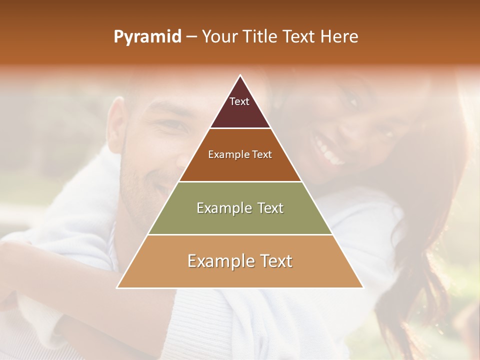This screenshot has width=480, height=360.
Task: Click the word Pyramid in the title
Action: pyautogui.click(x=147, y=37)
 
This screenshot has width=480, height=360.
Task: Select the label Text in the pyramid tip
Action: pyautogui.click(x=239, y=101)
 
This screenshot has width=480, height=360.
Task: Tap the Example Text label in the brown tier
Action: pyautogui.click(x=240, y=154)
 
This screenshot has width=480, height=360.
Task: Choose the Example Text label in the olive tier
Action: pyautogui.click(x=240, y=208)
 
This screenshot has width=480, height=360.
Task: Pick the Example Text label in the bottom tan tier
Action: pyautogui.click(x=240, y=261)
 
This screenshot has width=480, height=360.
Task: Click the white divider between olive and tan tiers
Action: pyautogui.click(x=240, y=234)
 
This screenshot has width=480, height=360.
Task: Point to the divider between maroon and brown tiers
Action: pyautogui.click(x=240, y=128)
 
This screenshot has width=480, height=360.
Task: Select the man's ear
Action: pyautogui.click(x=116, y=125)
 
